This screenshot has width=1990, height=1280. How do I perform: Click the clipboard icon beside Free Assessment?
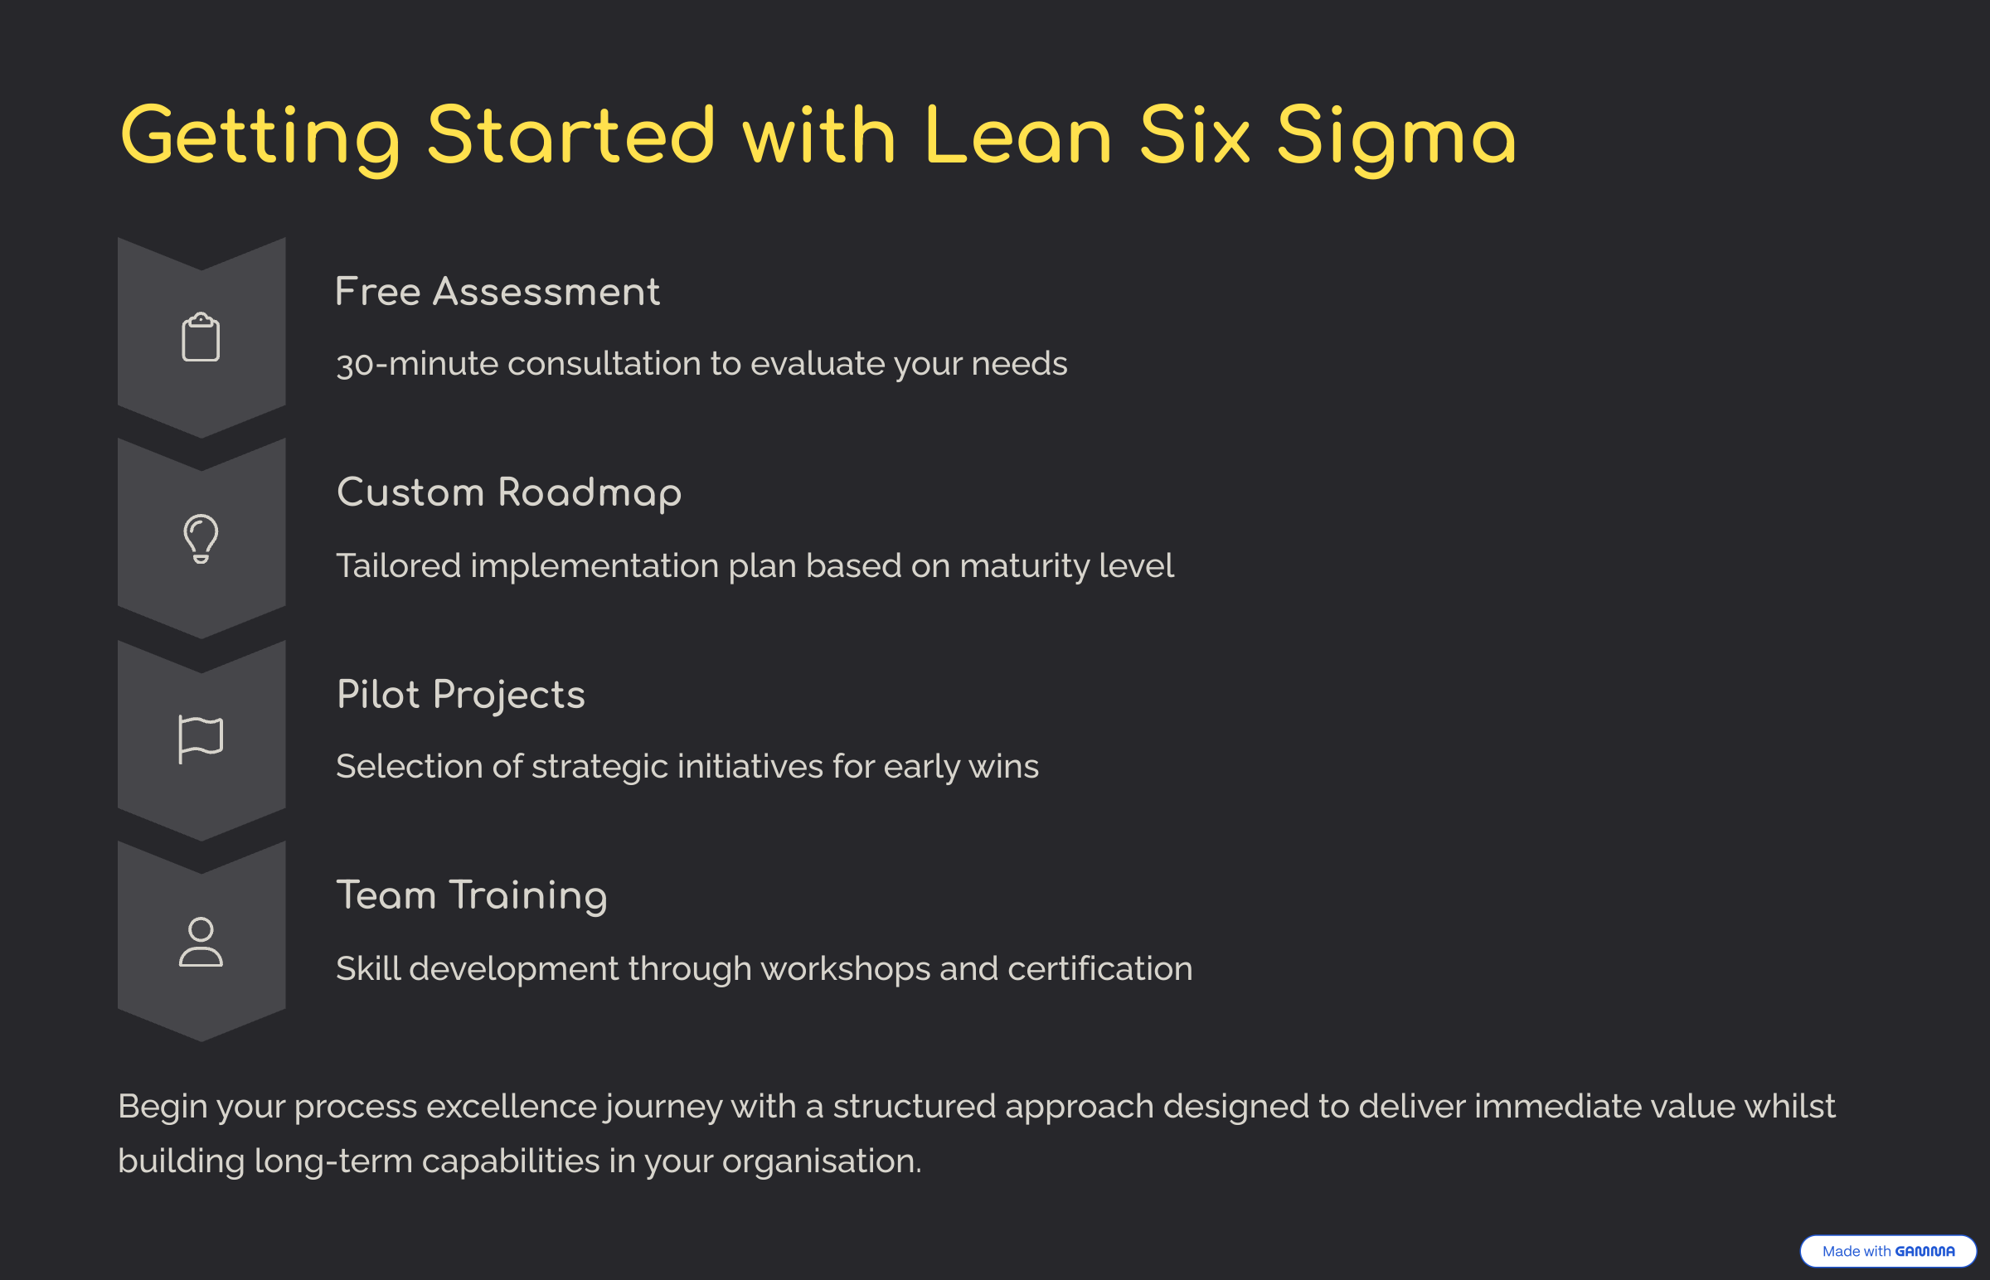point(201,337)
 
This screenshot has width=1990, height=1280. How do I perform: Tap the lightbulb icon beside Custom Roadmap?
point(201,539)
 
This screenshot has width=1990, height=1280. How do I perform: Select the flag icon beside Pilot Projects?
point(201,739)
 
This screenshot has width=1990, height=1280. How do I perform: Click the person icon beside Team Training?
point(201,941)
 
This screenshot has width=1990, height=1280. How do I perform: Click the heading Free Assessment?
point(497,292)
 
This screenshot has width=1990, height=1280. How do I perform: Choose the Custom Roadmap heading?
point(509,493)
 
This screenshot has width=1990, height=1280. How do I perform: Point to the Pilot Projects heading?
point(460,695)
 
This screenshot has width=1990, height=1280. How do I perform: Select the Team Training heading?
point(471,896)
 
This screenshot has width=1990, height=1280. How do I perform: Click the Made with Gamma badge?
point(1888,1251)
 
